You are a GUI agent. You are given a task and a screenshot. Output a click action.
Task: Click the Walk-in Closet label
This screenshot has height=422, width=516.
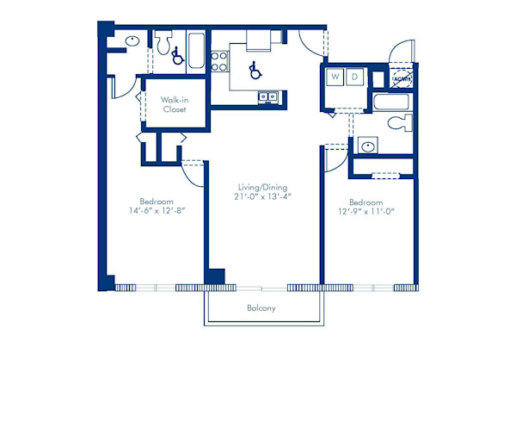[175, 104]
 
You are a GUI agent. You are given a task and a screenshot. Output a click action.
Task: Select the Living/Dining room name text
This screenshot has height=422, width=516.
[263, 187]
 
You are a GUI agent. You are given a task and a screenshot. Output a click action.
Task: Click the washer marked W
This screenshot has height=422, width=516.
[335, 78]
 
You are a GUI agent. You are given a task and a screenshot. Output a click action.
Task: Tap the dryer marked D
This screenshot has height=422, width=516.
[356, 78]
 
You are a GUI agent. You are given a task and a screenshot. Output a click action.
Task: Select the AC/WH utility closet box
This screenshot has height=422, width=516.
[401, 79]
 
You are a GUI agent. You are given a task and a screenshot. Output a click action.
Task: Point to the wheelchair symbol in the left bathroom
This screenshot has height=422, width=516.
[177, 57]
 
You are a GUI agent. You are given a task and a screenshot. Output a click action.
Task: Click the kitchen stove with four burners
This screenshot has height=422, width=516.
[218, 60]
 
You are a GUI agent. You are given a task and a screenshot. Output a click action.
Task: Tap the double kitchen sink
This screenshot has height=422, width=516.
[267, 96]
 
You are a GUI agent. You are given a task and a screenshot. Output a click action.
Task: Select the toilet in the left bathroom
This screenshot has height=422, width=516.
[163, 43]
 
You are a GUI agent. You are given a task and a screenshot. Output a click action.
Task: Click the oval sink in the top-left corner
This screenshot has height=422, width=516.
[132, 40]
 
